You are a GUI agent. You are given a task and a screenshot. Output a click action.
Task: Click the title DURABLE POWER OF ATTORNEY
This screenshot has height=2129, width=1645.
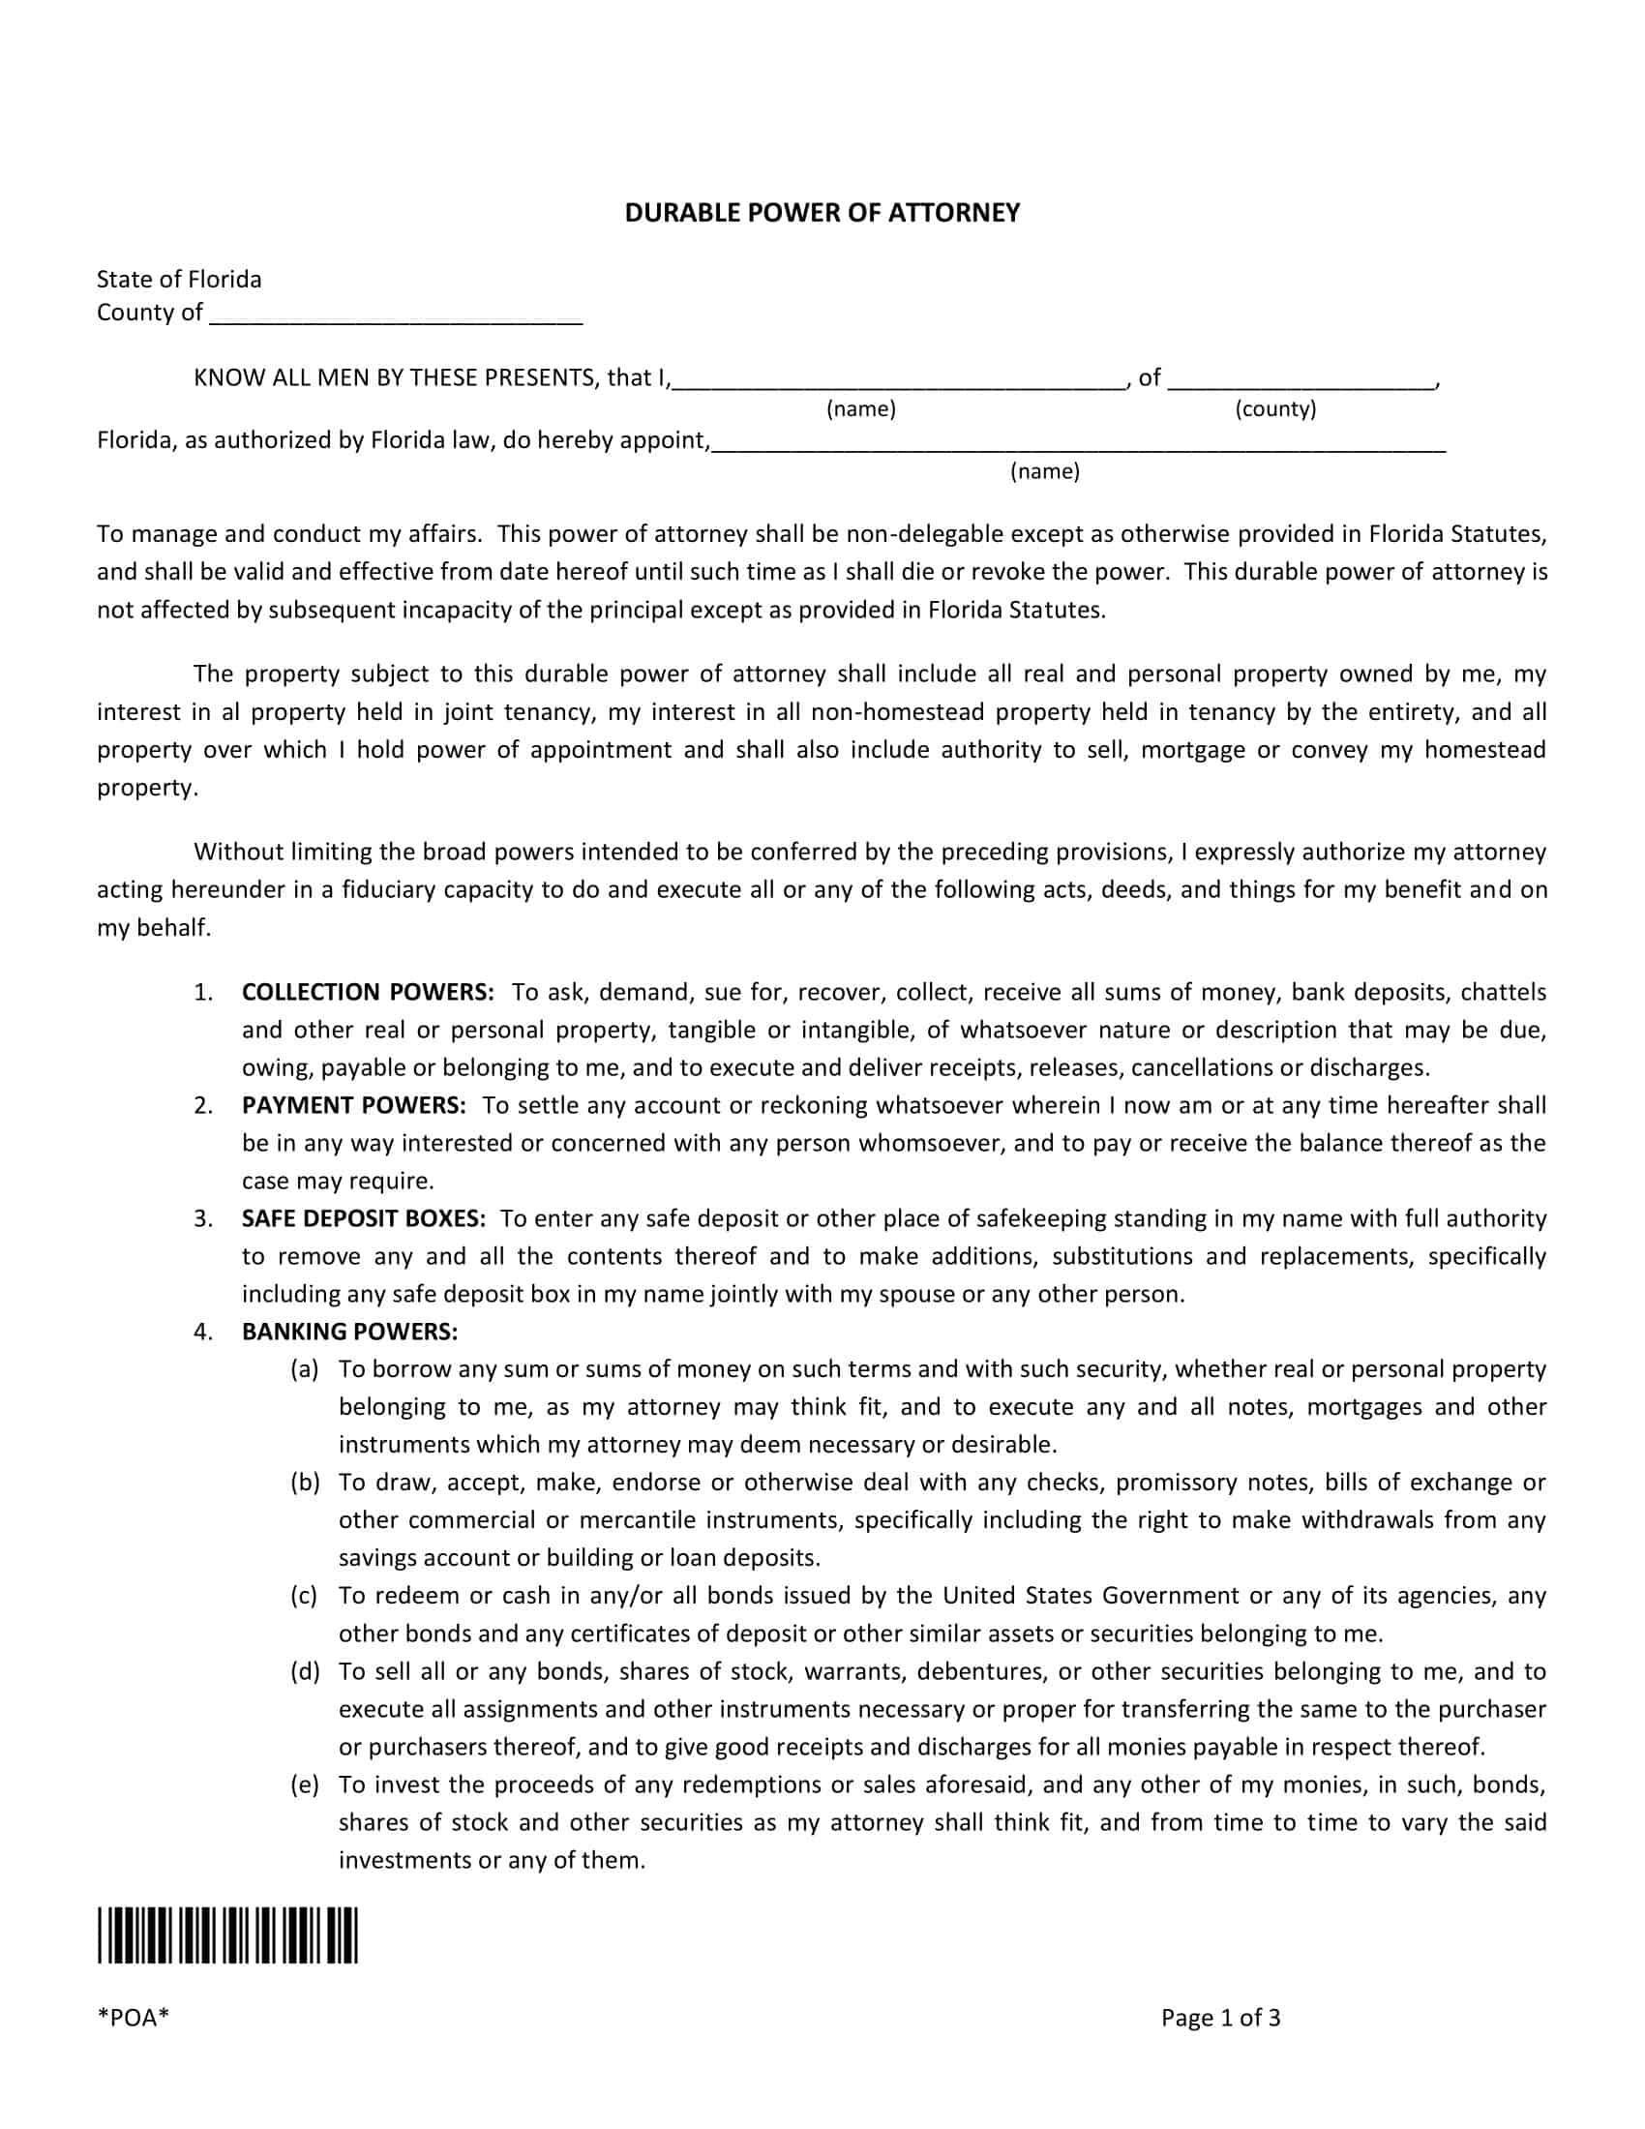click(x=822, y=213)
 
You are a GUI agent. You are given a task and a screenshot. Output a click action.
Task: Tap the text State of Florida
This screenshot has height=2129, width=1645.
click(x=179, y=280)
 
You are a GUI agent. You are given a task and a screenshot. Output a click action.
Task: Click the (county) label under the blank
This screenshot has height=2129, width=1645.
click(x=1274, y=408)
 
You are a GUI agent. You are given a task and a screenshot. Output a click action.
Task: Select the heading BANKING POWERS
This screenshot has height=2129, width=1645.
click(x=350, y=1332)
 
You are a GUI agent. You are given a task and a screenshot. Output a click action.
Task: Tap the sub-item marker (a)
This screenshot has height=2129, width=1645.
click(x=305, y=1369)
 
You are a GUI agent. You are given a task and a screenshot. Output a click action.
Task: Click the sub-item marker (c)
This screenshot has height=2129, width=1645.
click(x=304, y=1596)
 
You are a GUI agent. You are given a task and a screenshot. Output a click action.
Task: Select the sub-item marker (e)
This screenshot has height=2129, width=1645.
click(x=305, y=1784)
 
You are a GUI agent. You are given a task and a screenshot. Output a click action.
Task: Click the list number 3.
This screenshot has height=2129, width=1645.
click(x=202, y=1218)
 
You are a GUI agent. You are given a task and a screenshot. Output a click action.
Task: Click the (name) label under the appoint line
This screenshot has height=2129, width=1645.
click(x=1045, y=472)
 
